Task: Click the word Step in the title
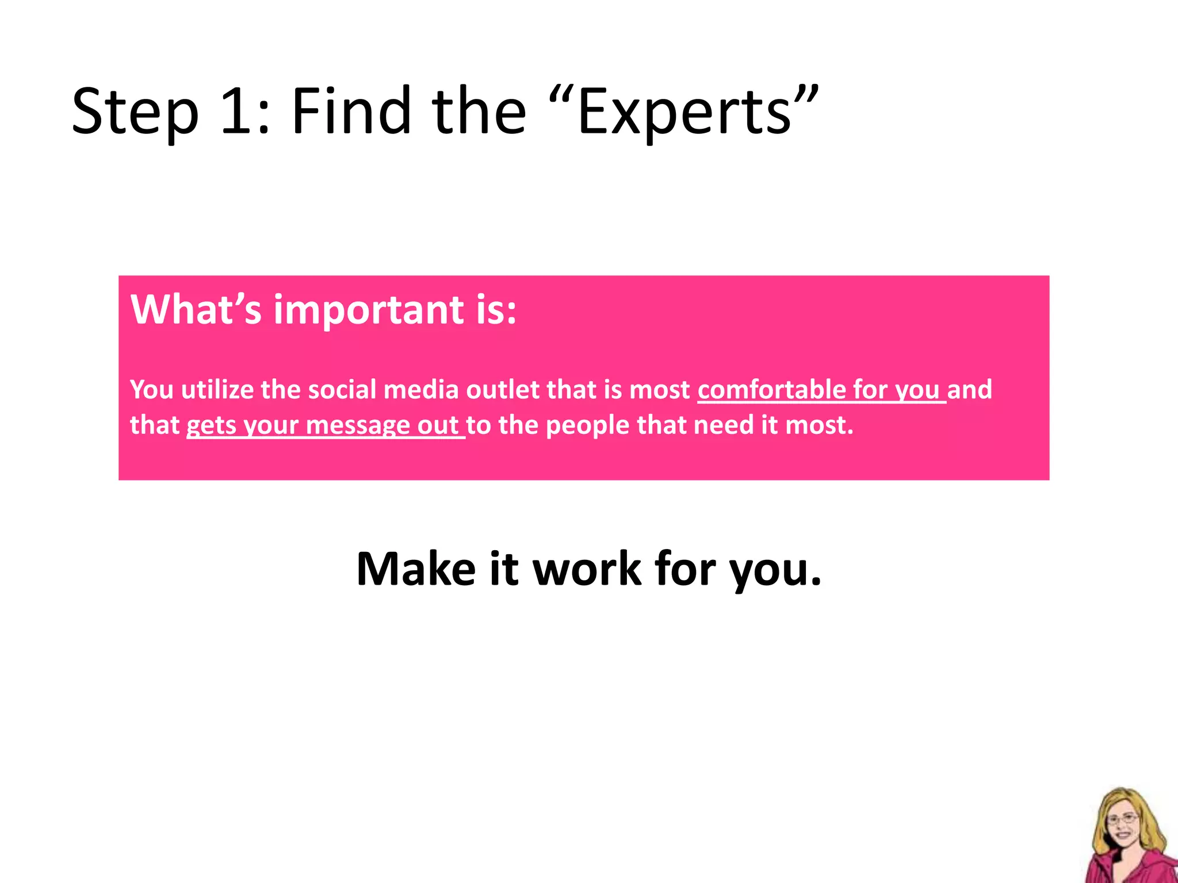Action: tap(135, 112)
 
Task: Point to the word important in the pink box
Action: tap(368, 310)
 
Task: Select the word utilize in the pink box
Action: tap(217, 390)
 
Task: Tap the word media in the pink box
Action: tap(420, 390)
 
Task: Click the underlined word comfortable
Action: tap(771, 390)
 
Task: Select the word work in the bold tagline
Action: tap(586, 569)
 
